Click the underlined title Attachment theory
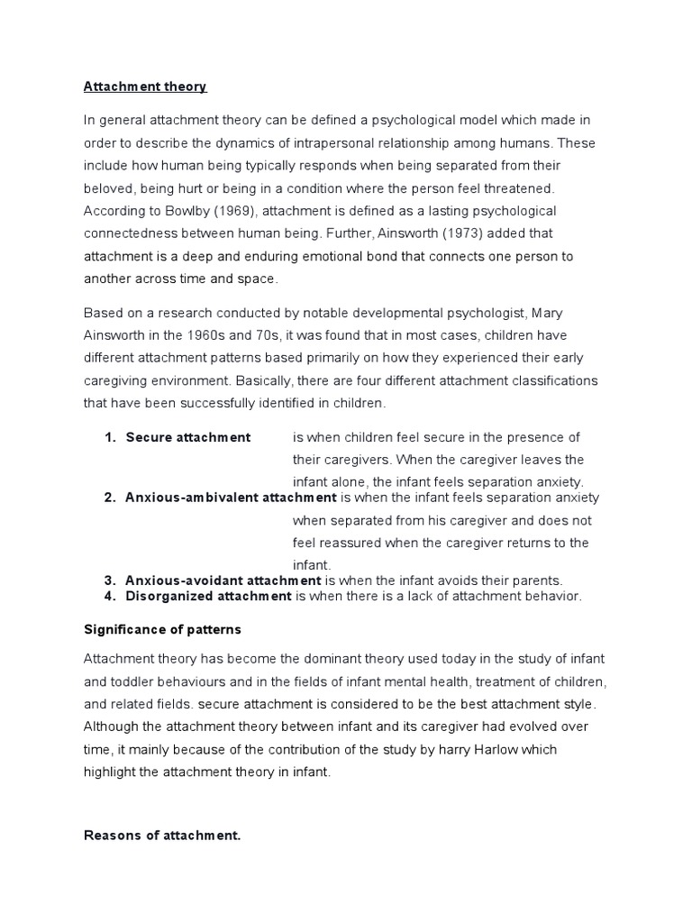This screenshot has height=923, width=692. pyautogui.click(x=145, y=87)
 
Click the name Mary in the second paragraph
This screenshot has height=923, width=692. pyautogui.click(x=551, y=313)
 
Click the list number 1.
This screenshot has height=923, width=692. pyautogui.click(x=110, y=437)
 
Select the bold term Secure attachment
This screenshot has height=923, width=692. pyautogui.click(x=188, y=437)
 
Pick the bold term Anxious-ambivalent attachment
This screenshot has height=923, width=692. pyautogui.click(x=231, y=498)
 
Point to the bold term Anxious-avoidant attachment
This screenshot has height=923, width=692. pyautogui.click(x=223, y=580)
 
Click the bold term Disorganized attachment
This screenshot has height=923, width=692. pyautogui.click(x=209, y=596)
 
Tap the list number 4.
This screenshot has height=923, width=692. pyautogui.click(x=110, y=596)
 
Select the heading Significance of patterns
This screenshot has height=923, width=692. pyautogui.click(x=162, y=629)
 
